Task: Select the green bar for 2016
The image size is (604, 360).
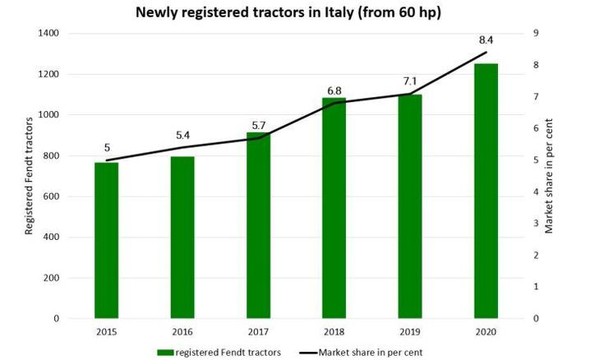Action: (182, 238)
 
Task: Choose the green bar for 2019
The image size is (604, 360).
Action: (410, 206)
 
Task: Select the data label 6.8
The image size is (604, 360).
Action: (334, 89)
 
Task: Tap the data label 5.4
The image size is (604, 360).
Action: (182, 133)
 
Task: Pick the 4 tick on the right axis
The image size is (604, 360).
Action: (535, 192)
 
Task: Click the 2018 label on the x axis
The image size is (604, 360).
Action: (334, 332)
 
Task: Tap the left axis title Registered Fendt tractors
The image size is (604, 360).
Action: (29, 175)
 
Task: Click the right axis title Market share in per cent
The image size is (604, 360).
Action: (550, 175)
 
